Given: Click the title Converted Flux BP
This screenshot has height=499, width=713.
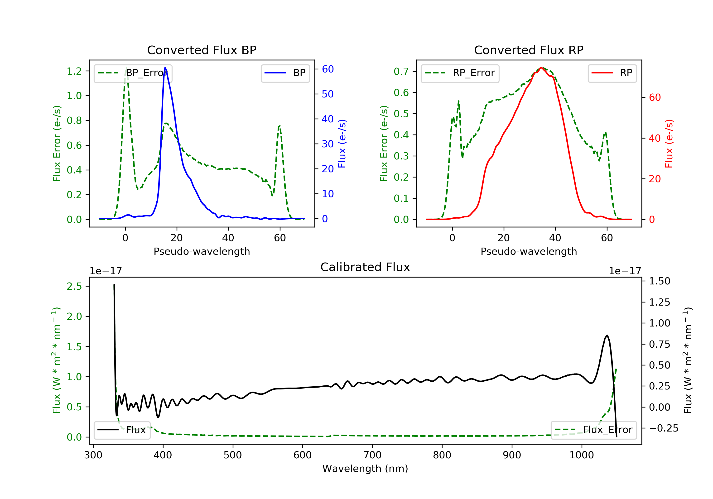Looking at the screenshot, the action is point(202,50).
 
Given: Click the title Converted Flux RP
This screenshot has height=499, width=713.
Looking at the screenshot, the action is point(529,50).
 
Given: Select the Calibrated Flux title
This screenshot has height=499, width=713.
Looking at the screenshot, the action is point(365,267).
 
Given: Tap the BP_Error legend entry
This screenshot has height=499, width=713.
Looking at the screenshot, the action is point(133,73).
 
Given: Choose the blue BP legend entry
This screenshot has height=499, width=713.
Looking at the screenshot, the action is point(285,73).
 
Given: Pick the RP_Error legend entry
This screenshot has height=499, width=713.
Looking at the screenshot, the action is point(460,73).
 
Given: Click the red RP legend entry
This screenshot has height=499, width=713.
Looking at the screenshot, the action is point(612,73).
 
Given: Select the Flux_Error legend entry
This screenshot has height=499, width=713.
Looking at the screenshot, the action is point(593,430).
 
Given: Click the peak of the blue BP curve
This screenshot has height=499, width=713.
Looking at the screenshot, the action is point(165,67).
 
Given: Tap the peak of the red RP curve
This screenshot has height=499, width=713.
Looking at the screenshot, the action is point(541,67).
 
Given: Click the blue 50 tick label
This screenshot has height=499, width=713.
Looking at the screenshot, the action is point(328,94).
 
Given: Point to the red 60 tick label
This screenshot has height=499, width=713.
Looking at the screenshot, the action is point(655,97).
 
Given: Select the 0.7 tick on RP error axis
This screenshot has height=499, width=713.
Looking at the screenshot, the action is point(401,72).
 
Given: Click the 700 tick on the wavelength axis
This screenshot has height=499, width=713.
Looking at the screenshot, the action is point(372,455).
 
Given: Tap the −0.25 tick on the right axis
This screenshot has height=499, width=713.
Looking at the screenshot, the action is point(664,428).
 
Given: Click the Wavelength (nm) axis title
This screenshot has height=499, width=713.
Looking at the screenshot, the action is point(365,469).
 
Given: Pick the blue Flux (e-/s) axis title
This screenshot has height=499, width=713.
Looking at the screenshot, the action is point(342,144).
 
